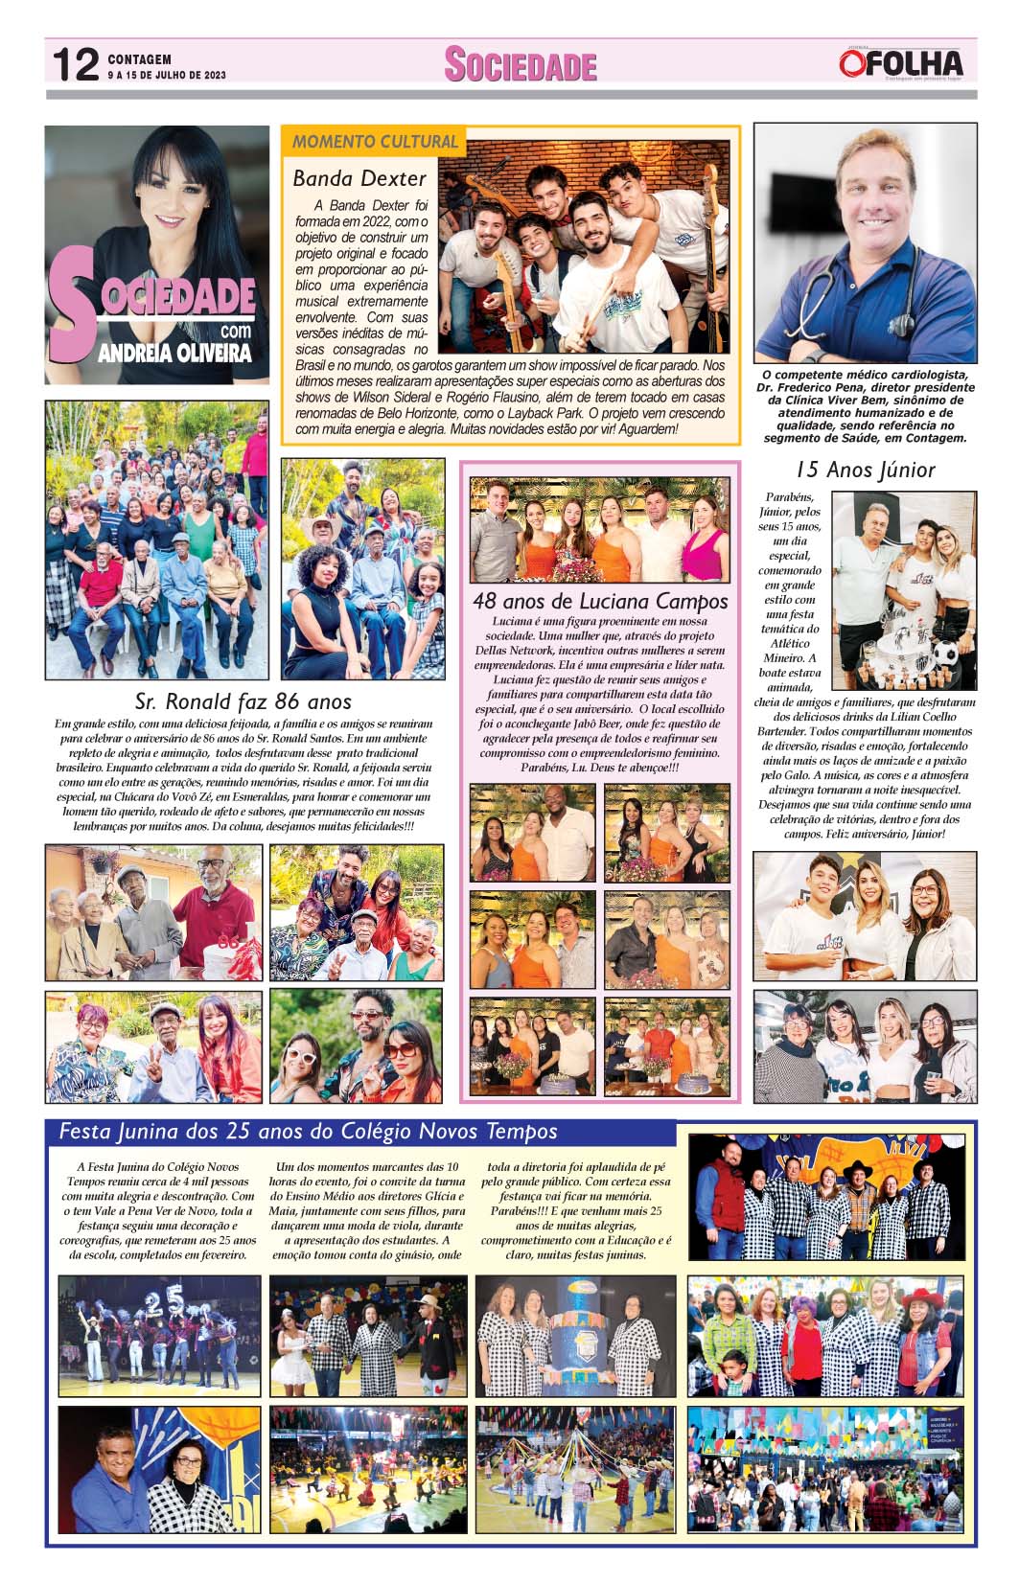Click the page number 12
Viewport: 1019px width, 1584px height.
76,65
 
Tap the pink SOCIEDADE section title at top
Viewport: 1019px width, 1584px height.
521,65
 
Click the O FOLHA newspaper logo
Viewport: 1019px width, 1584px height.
900,64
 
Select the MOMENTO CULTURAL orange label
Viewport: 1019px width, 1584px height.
375,142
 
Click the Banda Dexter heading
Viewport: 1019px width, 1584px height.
359,178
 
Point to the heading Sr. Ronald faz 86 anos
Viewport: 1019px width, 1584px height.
243,701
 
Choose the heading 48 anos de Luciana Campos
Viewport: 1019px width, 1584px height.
600,602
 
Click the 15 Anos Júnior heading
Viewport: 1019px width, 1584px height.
865,470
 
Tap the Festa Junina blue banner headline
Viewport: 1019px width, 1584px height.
309,1132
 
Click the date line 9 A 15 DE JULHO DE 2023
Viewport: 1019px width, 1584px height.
167,75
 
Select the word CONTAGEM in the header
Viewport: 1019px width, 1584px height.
140,59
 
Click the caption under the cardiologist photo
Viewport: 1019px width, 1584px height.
865,406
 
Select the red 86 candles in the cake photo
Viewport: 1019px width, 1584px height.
228,943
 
